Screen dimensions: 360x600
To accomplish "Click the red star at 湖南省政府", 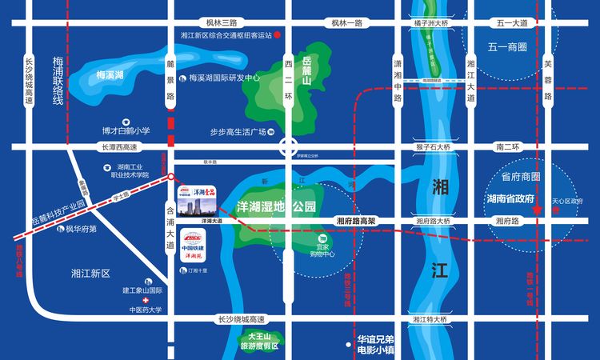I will coord(539,210).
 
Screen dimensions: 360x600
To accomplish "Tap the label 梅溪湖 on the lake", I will coord(110,75).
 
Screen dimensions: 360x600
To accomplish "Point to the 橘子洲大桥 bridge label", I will coord(431,23).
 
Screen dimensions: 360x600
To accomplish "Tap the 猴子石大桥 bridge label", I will coord(434,147).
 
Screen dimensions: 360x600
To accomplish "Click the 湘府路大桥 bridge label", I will coord(434,221).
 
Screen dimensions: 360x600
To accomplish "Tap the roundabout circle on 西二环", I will coord(288,147).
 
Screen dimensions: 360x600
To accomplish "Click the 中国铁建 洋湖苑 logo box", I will coord(191,247).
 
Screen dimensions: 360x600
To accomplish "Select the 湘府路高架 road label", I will coord(356,221).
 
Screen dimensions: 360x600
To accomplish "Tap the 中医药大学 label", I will coord(144,310).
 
